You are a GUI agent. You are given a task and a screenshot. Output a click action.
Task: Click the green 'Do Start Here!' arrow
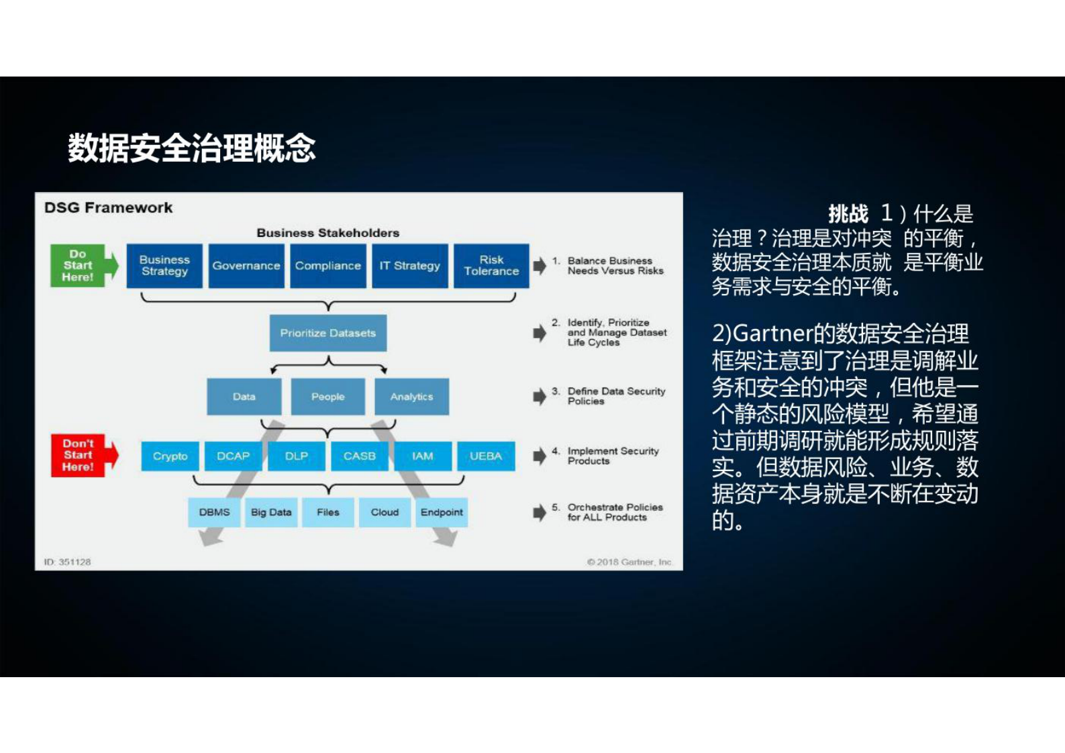[x=82, y=266]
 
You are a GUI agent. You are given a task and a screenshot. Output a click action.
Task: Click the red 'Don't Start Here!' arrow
[x=83, y=455]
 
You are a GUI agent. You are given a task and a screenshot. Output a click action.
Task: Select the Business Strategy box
[x=164, y=266]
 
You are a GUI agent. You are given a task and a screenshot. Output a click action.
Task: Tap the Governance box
[x=246, y=266]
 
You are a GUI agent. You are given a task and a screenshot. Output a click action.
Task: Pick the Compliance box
[x=328, y=266]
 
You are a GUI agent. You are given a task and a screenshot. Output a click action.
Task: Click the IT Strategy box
[x=410, y=266]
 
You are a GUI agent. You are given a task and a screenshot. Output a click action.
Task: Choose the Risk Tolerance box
[x=491, y=266]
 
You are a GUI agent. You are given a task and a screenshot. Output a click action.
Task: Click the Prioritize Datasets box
[x=328, y=333]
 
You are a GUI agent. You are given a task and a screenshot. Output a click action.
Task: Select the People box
[x=328, y=397]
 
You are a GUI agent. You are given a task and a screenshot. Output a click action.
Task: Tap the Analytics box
[x=411, y=397]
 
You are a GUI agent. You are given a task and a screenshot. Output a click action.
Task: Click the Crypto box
[x=170, y=456]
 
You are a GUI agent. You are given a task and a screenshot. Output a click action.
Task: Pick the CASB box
[x=360, y=456]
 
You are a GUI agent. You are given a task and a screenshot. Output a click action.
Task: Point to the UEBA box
[x=486, y=456]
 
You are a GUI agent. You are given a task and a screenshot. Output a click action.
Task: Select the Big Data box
[x=271, y=512]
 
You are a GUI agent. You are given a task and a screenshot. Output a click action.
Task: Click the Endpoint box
[x=442, y=512]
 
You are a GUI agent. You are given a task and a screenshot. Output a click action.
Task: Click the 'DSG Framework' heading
[x=108, y=208]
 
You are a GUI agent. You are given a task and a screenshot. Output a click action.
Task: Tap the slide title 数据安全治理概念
[x=192, y=148]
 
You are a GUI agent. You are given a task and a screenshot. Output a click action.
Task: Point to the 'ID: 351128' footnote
[x=67, y=562]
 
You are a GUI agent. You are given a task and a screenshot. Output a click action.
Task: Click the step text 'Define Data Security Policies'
[x=615, y=396]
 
